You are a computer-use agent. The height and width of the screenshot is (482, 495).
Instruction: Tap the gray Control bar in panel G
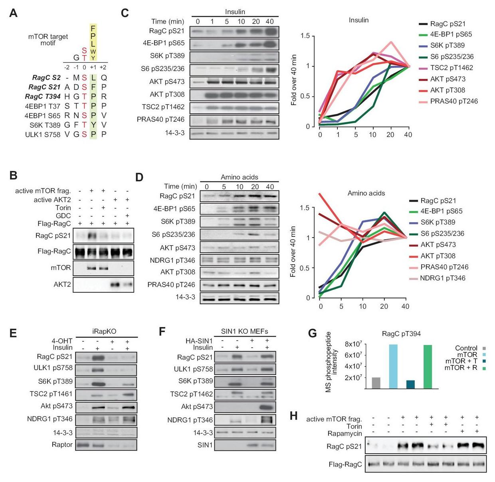click(x=376, y=383)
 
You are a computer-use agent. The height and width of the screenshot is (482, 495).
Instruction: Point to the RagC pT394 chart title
click(x=401, y=333)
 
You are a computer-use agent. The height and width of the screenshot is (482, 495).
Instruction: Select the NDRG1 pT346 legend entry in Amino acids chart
click(x=442, y=278)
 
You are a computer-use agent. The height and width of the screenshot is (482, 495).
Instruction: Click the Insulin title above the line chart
click(x=358, y=20)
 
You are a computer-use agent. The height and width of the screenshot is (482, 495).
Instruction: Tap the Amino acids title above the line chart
click(x=366, y=193)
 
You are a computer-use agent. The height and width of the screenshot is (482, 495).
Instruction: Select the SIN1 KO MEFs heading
click(x=244, y=331)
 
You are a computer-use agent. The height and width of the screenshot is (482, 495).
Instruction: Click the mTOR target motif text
click(x=48, y=40)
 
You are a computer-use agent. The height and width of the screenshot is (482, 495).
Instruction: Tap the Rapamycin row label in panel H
click(x=345, y=434)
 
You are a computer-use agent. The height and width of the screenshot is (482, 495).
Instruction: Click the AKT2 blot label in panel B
click(x=62, y=284)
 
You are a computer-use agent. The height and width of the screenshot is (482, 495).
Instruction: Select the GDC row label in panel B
click(x=63, y=216)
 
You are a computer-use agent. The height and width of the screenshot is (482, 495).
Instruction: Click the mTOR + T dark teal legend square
click(x=484, y=361)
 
